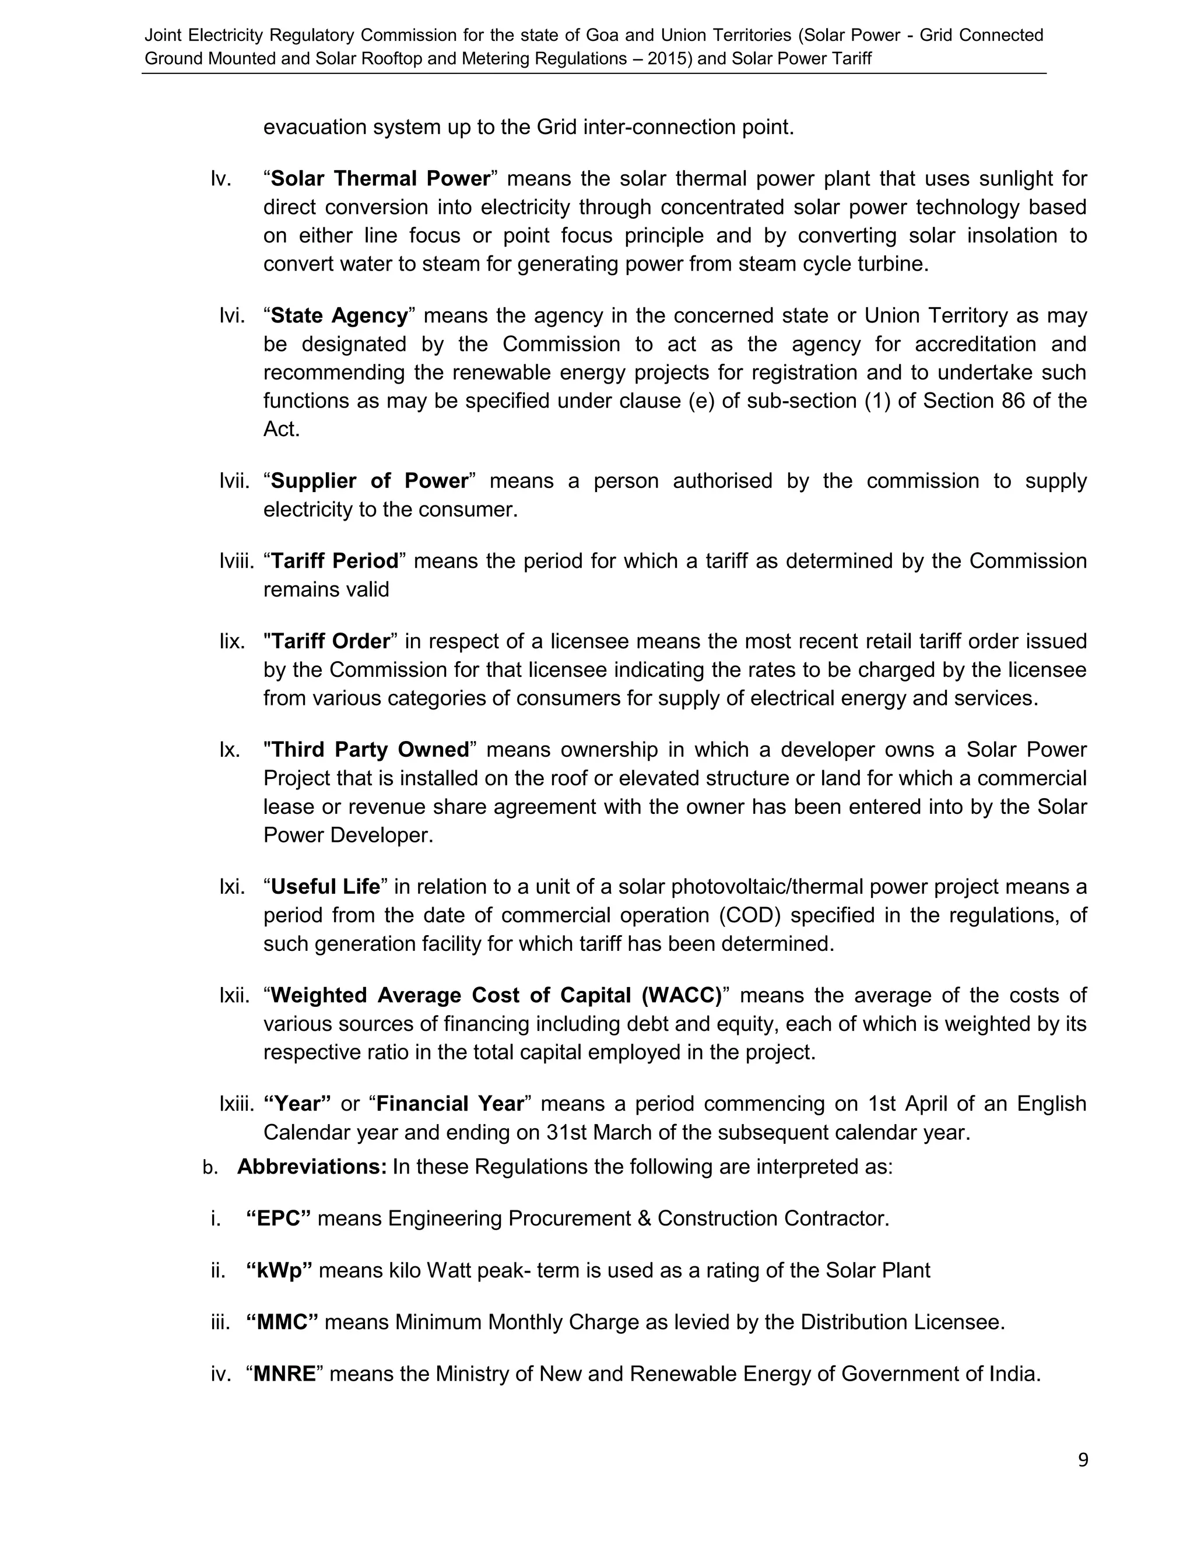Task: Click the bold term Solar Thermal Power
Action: tap(381, 179)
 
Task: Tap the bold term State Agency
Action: tap(339, 315)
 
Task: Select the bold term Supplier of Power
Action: tap(369, 481)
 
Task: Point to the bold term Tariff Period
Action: tap(335, 561)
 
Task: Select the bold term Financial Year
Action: tap(450, 1104)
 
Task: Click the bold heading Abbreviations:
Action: tap(312, 1167)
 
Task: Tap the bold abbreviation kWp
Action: tap(279, 1270)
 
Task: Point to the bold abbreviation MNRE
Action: tap(285, 1374)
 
